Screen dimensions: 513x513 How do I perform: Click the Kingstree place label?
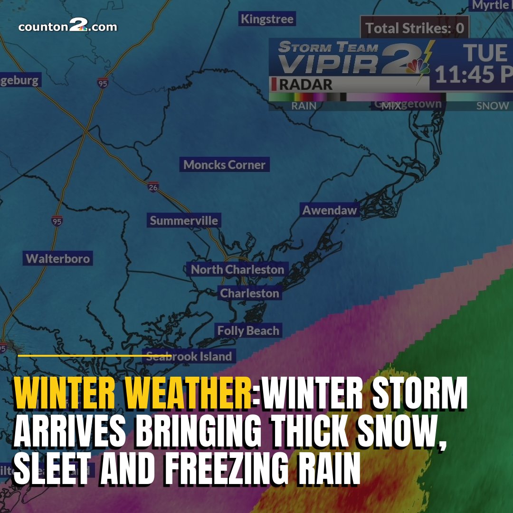[x=267, y=19]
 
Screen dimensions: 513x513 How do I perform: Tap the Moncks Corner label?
[x=224, y=165]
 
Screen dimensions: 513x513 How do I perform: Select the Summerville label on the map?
[x=184, y=220]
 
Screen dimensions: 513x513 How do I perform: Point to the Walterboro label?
[x=57, y=258]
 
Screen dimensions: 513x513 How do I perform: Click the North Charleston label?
[x=237, y=269]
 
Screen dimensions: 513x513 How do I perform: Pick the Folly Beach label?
[x=248, y=331]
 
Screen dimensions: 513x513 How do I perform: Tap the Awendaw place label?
[x=330, y=210]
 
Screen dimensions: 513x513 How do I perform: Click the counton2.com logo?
[x=67, y=27]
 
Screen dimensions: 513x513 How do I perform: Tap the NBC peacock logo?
[x=418, y=66]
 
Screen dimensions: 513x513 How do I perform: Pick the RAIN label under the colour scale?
[x=304, y=105]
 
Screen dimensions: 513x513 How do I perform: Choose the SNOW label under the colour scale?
[x=493, y=105]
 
